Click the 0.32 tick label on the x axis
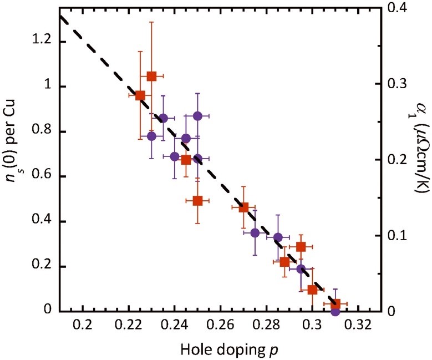point(358,324)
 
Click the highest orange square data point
point(151,75)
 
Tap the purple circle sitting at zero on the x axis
point(335,311)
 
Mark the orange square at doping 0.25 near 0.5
point(197,201)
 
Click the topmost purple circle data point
point(197,116)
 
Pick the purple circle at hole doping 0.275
point(255,233)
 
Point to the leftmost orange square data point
point(140,95)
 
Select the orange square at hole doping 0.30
point(312,290)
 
